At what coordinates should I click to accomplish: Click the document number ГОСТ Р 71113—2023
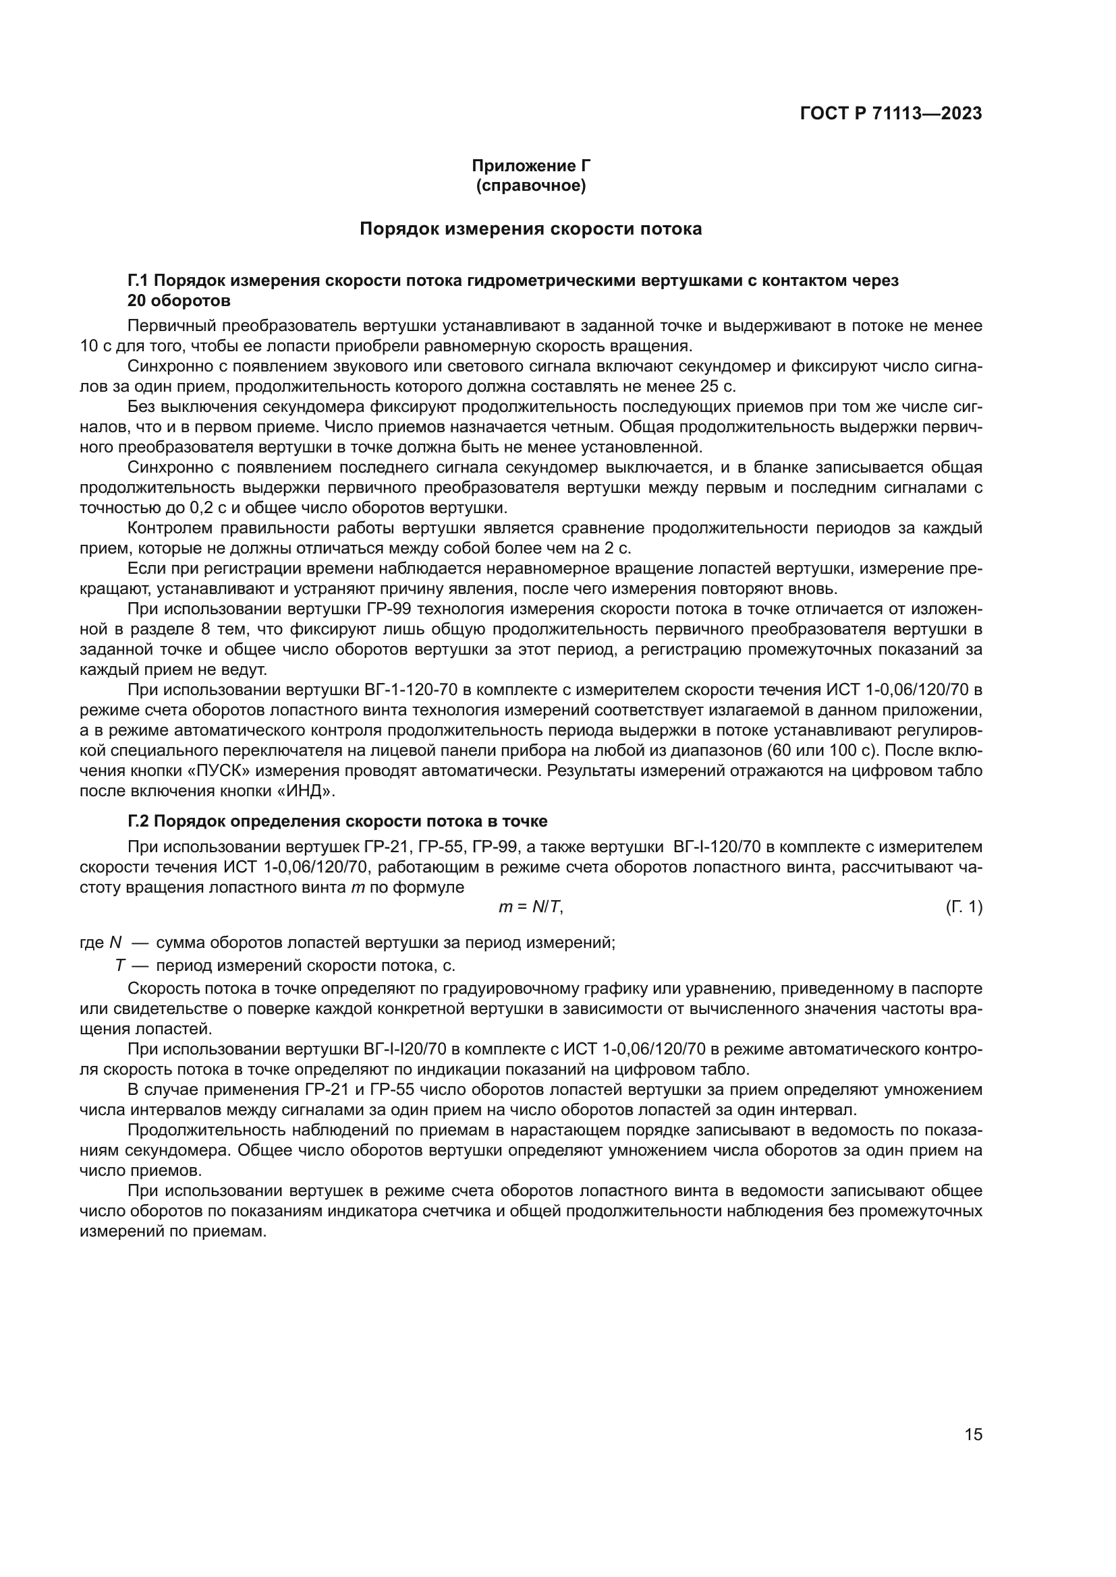891,114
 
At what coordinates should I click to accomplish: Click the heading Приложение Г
530,166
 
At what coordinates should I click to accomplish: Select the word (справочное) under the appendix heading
530,185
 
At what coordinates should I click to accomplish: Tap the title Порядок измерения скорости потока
530,229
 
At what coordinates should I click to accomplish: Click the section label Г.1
138,280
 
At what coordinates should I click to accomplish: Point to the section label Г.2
138,821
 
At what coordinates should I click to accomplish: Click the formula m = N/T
530,907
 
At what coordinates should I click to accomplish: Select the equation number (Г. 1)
964,907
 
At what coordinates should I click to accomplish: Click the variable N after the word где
115,943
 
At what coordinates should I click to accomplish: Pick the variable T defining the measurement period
120,965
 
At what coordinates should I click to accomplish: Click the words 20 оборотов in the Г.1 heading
179,301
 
